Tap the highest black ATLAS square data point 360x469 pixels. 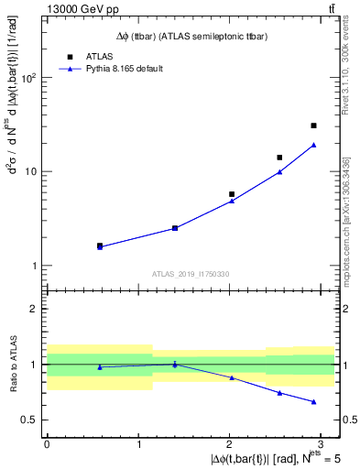click(x=313, y=125)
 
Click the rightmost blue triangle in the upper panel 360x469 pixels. click(x=313, y=145)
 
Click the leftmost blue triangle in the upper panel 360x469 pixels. click(x=100, y=246)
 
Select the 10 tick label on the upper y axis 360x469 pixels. click(x=31, y=172)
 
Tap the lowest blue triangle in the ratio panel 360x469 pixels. click(x=313, y=402)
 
